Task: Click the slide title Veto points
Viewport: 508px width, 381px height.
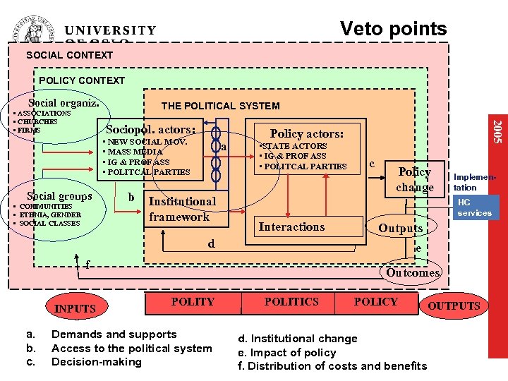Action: coord(393,29)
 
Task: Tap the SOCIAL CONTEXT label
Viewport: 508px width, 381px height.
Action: coord(69,55)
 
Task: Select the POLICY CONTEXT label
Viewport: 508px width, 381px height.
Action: coord(82,80)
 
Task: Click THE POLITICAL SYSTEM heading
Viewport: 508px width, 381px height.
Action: coord(220,106)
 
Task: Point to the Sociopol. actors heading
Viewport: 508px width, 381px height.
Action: coord(150,129)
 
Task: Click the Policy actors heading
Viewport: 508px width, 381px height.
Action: coord(306,133)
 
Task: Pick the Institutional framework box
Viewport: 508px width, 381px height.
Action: coord(182,209)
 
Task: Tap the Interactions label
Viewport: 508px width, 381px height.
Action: coord(291,226)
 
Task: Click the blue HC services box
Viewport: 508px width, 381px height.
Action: coord(474,207)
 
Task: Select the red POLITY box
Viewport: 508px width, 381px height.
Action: coord(193,302)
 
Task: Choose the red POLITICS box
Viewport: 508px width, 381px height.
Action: coord(291,302)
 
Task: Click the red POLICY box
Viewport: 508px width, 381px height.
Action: coord(375,302)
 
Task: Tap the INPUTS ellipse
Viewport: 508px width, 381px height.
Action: coord(75,308)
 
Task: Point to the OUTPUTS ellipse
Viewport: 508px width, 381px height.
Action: coord(454,306)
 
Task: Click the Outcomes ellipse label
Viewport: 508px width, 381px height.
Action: coord(413,272)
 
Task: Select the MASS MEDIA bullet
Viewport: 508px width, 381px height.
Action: coord(134,152)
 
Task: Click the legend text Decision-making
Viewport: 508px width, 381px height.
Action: coord(97,362)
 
